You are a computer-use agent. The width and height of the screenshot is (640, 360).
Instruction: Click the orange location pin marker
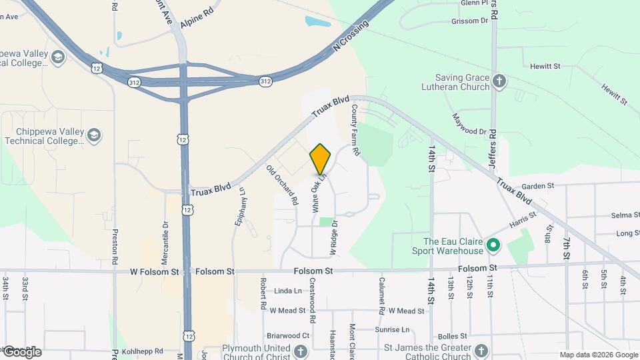[x=321, y=159]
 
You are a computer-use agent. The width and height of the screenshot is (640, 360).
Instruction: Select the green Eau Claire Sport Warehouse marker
[x=493, y=245]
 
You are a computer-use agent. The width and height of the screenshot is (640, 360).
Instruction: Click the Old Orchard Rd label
[x=281, y=185]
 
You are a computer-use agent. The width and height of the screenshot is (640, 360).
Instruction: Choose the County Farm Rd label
[x=355, y=130]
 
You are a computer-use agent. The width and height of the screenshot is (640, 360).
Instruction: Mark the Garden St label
[x=538, y=186]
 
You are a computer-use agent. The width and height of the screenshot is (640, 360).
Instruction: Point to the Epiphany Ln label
[x=240, y=207]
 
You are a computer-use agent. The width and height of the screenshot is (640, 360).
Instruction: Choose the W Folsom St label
[x=155, y=272]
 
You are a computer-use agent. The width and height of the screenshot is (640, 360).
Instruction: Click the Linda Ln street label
[x=288, y=291]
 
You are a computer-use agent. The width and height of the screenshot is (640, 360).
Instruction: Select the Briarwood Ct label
[x=288, y=336]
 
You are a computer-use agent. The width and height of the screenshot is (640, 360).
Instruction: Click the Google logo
[x=21, y=351]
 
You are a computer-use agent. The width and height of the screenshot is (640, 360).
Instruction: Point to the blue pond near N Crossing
[x=318, y=21]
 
